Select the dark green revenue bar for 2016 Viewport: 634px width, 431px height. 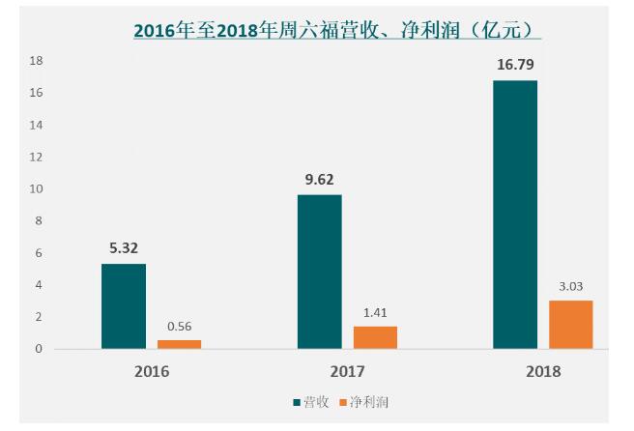[124, 305]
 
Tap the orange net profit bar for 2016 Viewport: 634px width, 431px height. [179, 343]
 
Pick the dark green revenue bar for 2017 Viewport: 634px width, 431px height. [319, 272]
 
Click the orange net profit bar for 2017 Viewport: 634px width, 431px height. [375, 336]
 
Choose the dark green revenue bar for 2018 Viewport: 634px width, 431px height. [515, 214]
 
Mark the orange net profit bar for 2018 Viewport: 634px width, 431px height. [570, 324]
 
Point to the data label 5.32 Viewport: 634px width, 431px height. [124, 248]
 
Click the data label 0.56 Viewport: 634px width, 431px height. [179, 326]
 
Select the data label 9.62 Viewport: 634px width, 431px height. [319, 179]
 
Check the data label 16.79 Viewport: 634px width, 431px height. [514, 65]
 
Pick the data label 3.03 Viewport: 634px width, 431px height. [570, 286]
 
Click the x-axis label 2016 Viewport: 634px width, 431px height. [151, 371]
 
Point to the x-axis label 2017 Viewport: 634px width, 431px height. [347, 371]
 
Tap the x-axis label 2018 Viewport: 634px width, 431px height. [542, 371]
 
